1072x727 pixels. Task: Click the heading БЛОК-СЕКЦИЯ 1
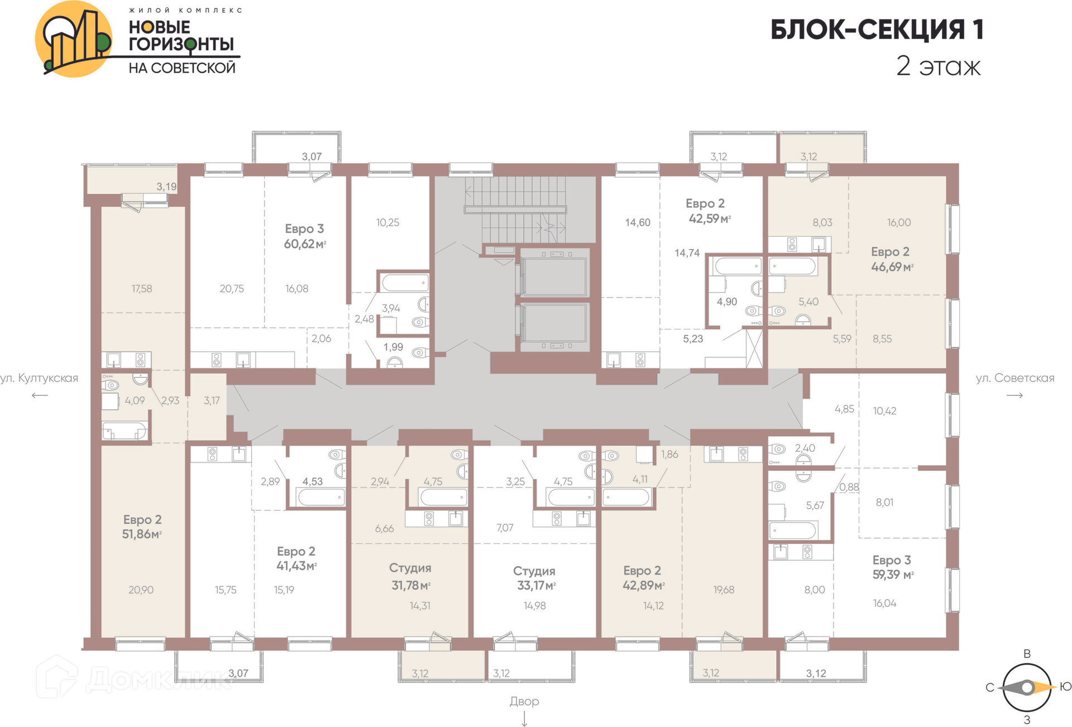tap(877, 30)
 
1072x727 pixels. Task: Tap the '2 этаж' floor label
tap(939, 66)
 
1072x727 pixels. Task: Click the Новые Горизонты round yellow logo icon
tap(74, 39)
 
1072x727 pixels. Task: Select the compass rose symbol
tap(1027, 687)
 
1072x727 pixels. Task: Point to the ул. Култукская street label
tap(39, 378)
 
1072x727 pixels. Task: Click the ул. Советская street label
tap(1015, 378)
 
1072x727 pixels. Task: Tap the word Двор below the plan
tap(524, 701)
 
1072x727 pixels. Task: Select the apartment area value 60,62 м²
tap(305, 244)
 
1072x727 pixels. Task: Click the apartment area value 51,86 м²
tap(142, 534)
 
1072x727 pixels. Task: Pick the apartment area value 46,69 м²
tap(892, 267)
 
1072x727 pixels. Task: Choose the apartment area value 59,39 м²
tap(893, 575)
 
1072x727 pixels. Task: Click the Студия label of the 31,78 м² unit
tap(410, 568)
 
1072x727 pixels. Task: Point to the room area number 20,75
tap(232, 289)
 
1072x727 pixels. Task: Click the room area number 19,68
tap(724, 590)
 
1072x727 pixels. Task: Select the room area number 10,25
tap(387, 222)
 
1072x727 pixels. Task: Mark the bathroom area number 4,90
tap(727, 302)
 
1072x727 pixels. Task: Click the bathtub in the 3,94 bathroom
tap(405, 283)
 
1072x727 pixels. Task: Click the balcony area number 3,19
tap(166, 186)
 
